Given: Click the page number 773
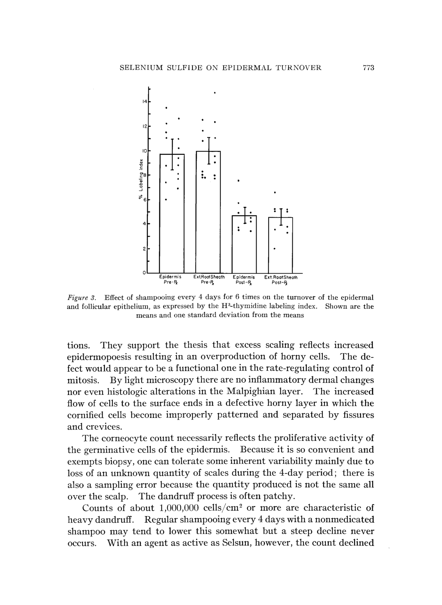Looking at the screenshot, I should pyautogui.click(x=368, y=68).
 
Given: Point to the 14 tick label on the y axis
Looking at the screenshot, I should pyautogui.click(x=144, y=102).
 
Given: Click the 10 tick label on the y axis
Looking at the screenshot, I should pyautogui.click(x=144, y=151).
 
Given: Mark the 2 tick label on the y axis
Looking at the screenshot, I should pyautogui.click(x=144, y=249).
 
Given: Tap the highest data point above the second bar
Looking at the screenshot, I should pyautogui.click(x=215, y=93).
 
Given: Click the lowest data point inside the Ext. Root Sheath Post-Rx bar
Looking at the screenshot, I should pyautogui.click(x=275, y=249).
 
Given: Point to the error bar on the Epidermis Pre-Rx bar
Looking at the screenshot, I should pyautogui.click(x=172, y=154).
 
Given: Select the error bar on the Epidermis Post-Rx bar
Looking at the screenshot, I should pyautogui.click(x=245, y=215).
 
